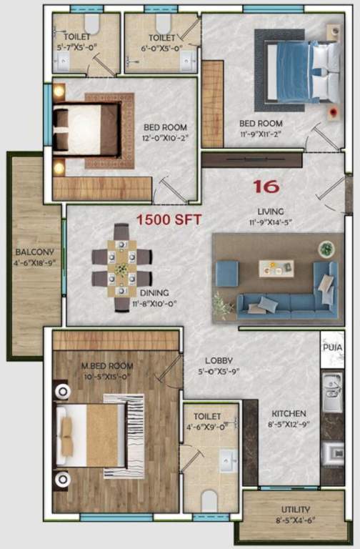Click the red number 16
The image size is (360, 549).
point(266,187)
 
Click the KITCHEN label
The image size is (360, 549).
point(289,413)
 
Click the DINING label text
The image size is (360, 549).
point(154,292)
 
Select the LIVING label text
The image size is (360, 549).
point(271,212)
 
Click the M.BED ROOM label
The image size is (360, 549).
point(107,366)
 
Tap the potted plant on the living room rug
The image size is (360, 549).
point(326,249)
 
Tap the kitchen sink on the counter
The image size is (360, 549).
point(332,393)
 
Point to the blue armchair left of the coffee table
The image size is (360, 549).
point(227,273)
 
